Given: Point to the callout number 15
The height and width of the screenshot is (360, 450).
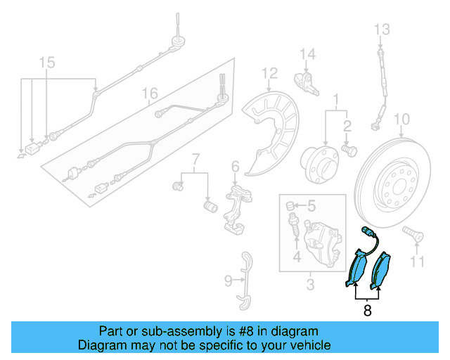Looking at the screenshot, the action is point(46,64).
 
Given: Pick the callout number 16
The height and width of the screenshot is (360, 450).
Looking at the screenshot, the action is point(149,94).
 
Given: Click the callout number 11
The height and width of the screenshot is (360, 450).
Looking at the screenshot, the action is point(418,262).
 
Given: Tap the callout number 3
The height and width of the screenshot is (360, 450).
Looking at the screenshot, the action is point(310,284).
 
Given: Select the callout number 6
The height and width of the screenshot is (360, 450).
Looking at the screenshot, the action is point(235,167).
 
